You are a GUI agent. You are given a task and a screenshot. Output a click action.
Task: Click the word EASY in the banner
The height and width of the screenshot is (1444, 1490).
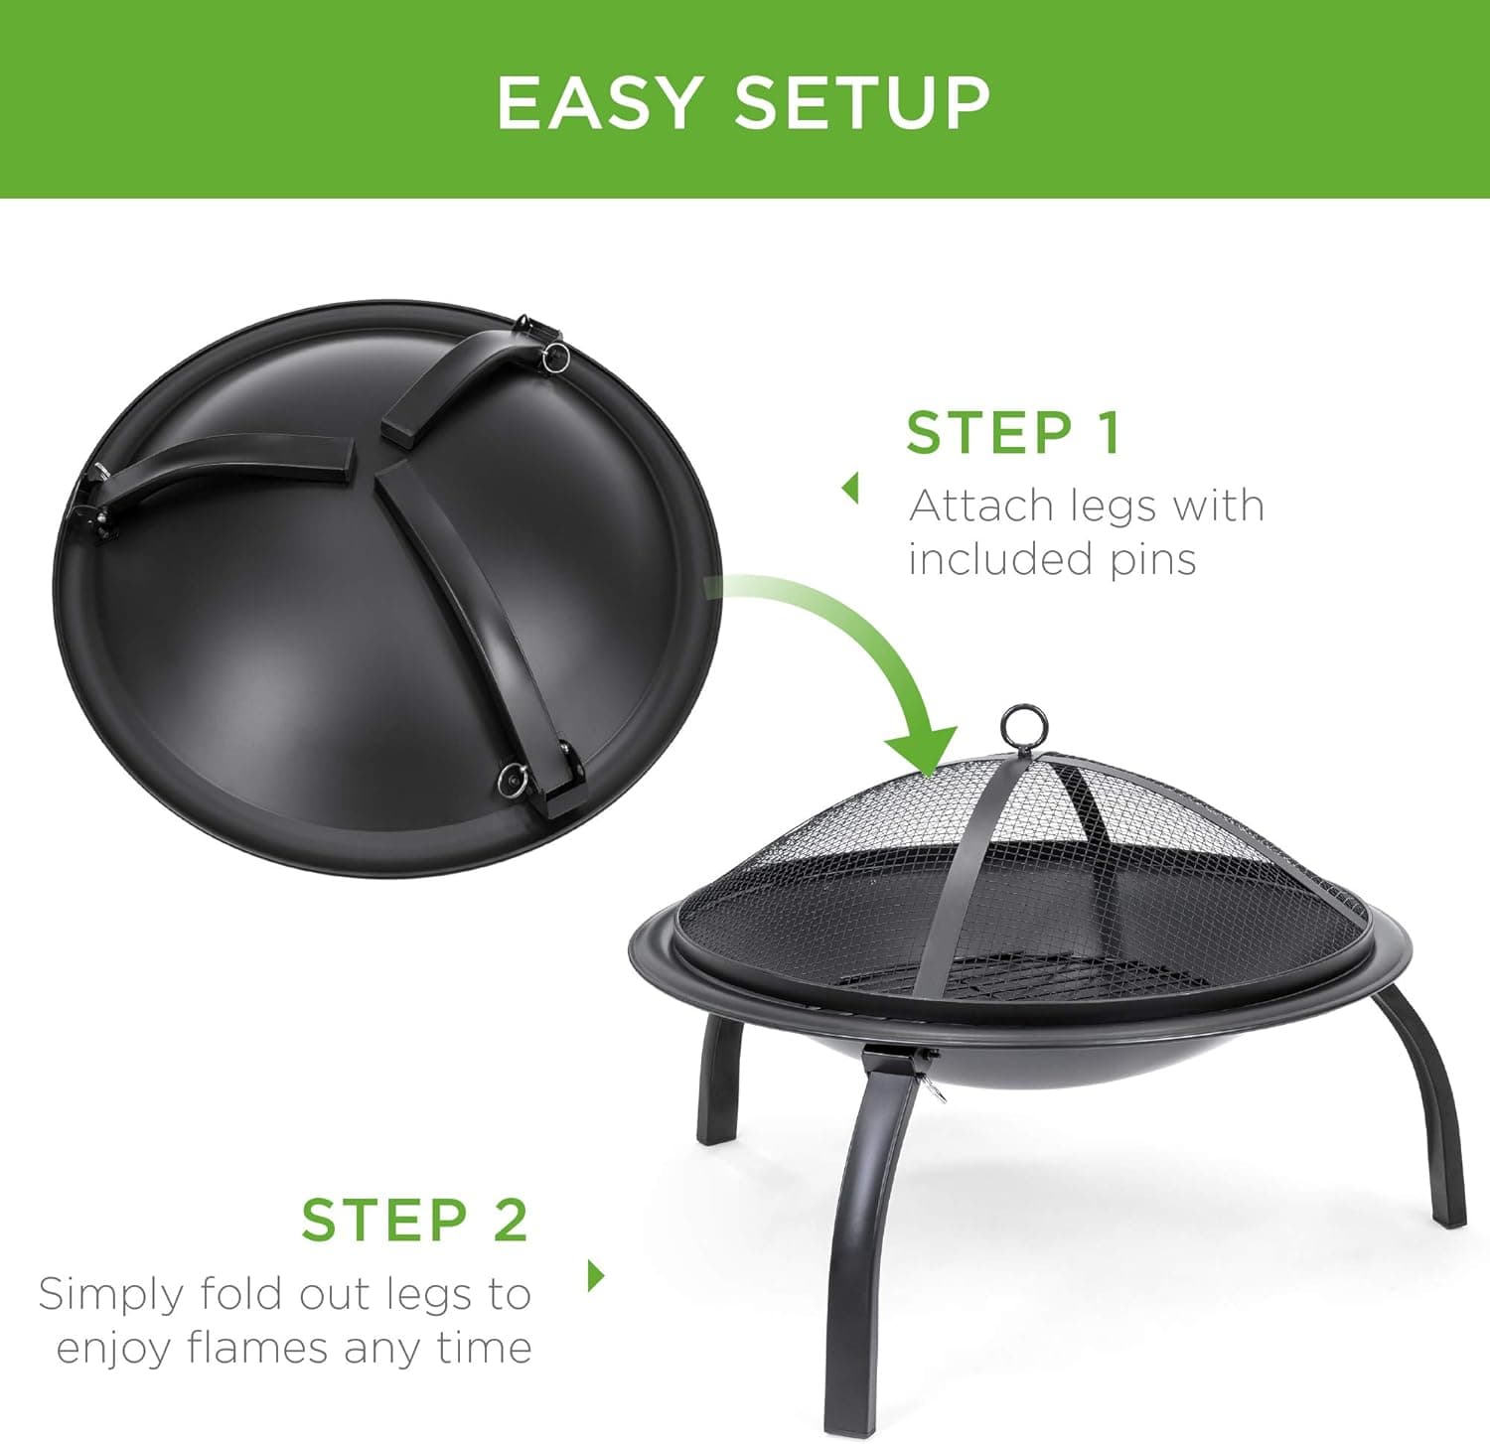(599, 102)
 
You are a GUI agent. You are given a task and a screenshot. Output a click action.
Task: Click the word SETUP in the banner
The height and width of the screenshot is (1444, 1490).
(862, 102)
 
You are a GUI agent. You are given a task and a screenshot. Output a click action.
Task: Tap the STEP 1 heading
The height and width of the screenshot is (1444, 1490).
(1013, 433)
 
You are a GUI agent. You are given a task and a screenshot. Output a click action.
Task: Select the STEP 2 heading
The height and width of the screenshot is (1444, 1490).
(414, 1220)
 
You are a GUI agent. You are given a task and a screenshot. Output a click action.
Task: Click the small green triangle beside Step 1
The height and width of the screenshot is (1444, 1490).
(850, 488)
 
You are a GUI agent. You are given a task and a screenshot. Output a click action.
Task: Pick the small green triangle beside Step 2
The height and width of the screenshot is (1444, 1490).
(596, 1274)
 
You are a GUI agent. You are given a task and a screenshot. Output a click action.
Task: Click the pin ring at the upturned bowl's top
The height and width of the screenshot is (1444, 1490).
(554, 356)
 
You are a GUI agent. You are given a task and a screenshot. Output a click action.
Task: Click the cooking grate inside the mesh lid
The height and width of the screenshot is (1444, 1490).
(1033, 978)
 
